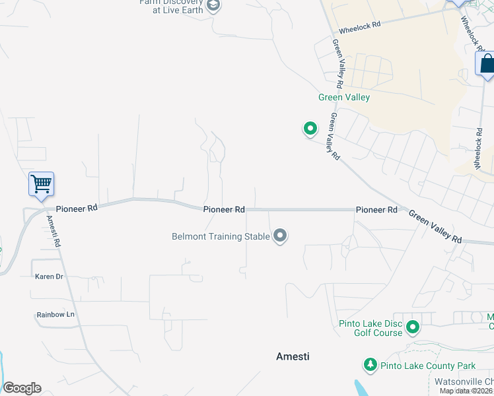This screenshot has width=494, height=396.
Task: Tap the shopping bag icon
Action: [x=487, y=64]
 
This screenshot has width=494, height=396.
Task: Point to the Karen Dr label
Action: [x=49, y=277]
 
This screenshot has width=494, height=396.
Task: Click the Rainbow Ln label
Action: [x=55, y=315]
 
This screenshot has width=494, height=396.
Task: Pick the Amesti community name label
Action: [x=293, y=356]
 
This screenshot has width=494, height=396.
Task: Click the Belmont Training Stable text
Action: [x=221, y=236]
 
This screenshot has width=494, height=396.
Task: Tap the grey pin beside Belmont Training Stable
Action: [x=280, y=236]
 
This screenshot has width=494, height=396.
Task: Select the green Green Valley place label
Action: [x=344, y=98]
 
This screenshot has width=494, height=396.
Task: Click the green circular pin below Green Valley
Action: [x=310, y=128]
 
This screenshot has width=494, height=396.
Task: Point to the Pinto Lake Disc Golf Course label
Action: [x=370, y=328]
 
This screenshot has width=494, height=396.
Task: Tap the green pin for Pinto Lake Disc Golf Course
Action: [x=413, y=327]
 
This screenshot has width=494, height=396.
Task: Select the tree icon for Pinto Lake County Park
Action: [x=370, y=365]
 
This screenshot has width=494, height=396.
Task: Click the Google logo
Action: [x=22, y=388]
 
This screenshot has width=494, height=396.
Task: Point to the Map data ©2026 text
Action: [x=466, y=391]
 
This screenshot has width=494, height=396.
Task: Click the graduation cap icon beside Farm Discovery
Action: [x=213, y=6]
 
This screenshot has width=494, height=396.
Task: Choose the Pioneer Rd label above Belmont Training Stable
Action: [x=224, y=209]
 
